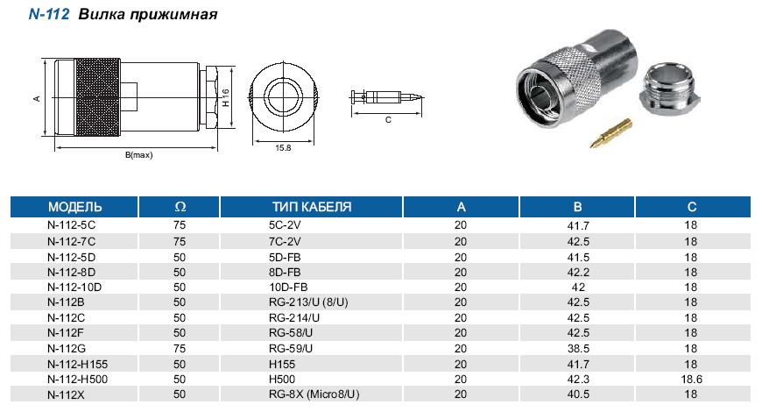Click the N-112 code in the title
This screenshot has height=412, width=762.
(x=49, y=14)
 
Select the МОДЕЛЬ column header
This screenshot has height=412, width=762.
(x=74, y=207)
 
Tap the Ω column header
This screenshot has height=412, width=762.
(x=180, y=207)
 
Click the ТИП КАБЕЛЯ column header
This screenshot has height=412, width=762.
(x=312, y=207)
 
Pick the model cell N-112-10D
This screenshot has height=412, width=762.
(x=74, y=288)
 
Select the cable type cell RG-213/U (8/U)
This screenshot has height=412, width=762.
(x=308, y=302)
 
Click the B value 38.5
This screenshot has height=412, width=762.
(x=578, y=349)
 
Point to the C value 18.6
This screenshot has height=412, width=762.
(x=692, y=380)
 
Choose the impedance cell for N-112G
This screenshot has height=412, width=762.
(x=180, y=349)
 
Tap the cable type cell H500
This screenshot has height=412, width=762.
(x=282, y=380)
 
